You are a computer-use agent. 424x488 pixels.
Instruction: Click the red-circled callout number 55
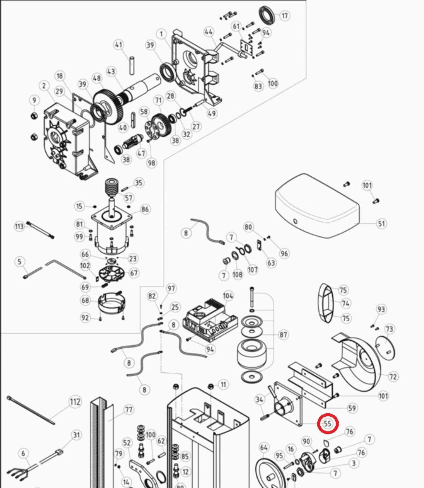pyautogui.click(x=328, y=424)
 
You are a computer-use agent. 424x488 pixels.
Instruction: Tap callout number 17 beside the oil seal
pyautogui.click(x=285, y=16)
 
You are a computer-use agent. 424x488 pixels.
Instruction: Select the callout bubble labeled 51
pyautogui.click(x=381, y=224)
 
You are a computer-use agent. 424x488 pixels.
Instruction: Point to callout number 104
pyautogui.click(x=228, y=296)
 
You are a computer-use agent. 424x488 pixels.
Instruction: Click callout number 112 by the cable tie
pyautogui.click(x=75, y=402)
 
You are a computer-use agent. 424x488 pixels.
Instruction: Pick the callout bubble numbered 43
pyautogui.click(x=111, y=72)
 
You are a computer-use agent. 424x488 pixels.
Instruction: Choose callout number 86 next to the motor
pyautogui.click(x=145, y=210)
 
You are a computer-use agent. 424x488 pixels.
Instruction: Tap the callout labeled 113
pyautogui.click(x=19, y=226)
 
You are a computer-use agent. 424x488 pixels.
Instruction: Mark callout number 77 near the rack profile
pyautogui.click(x=129, y=410)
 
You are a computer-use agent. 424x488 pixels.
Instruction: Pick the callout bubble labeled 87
pyautogui.click(x=284, y=334)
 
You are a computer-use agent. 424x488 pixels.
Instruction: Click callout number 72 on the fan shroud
pyautogui.click(x=393, y=376)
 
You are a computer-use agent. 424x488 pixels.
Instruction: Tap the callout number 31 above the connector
pyautogui.click(x=77, y=435)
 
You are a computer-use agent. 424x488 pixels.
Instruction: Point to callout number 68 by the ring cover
pyautogui.click(x=85, y=300)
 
